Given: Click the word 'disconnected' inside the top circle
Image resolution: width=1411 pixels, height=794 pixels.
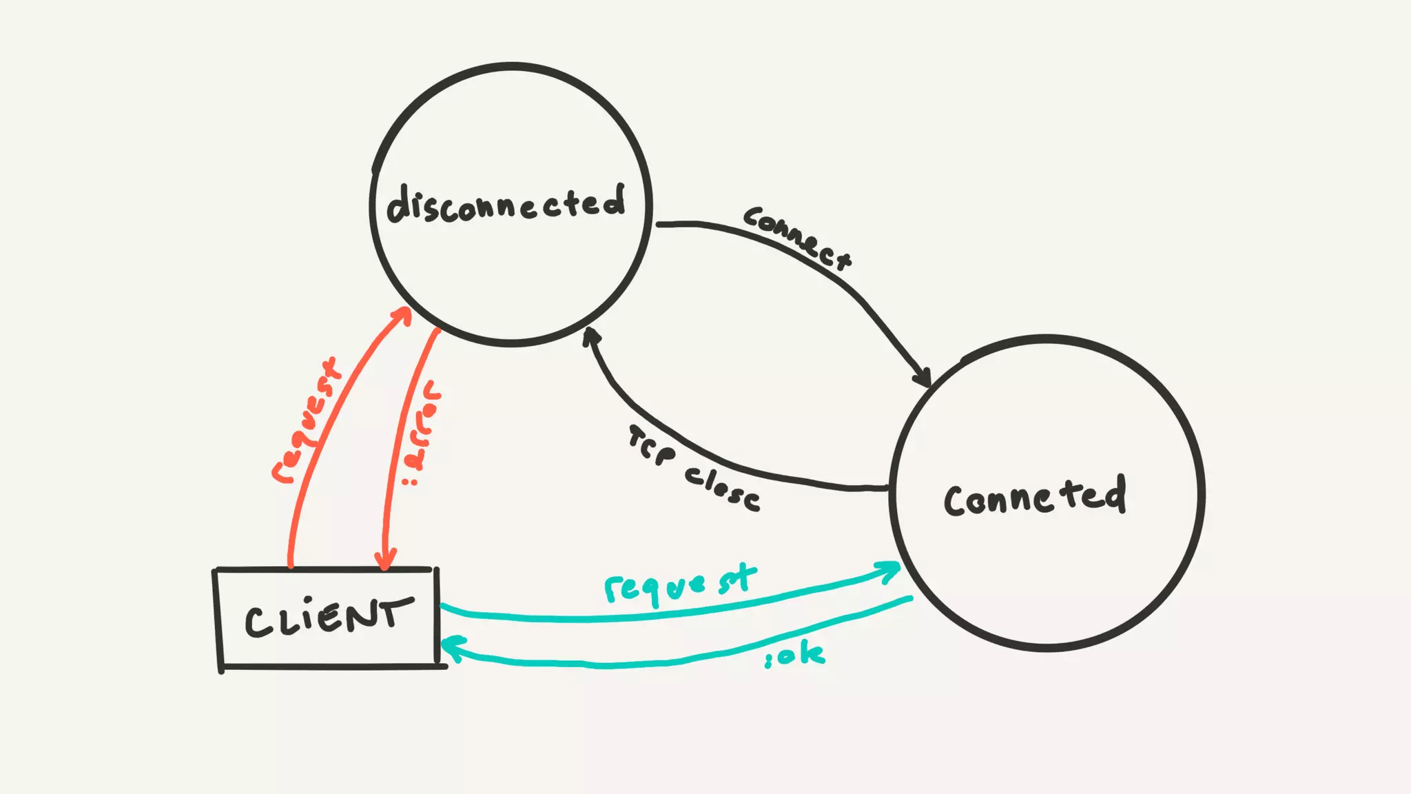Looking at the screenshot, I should [506, 204].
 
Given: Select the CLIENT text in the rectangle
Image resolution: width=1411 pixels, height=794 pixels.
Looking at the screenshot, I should [329, 616].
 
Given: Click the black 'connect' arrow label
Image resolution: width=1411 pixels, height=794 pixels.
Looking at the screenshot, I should [797, 236].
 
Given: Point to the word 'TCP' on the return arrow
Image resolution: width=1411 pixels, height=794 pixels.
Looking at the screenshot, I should [652, 446].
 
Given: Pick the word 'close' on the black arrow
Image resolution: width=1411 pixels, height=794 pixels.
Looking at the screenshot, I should [723, 487].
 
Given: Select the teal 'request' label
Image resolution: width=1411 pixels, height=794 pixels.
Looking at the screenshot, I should [680, 584].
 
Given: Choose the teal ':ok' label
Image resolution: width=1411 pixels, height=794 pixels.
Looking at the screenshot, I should [795, 655].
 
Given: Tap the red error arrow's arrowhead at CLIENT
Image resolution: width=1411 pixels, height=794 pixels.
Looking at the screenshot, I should [385, 560].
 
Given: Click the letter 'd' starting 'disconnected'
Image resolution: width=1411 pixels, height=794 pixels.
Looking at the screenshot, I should [399, 205].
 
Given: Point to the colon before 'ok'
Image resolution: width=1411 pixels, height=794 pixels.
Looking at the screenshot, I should [769, 661].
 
